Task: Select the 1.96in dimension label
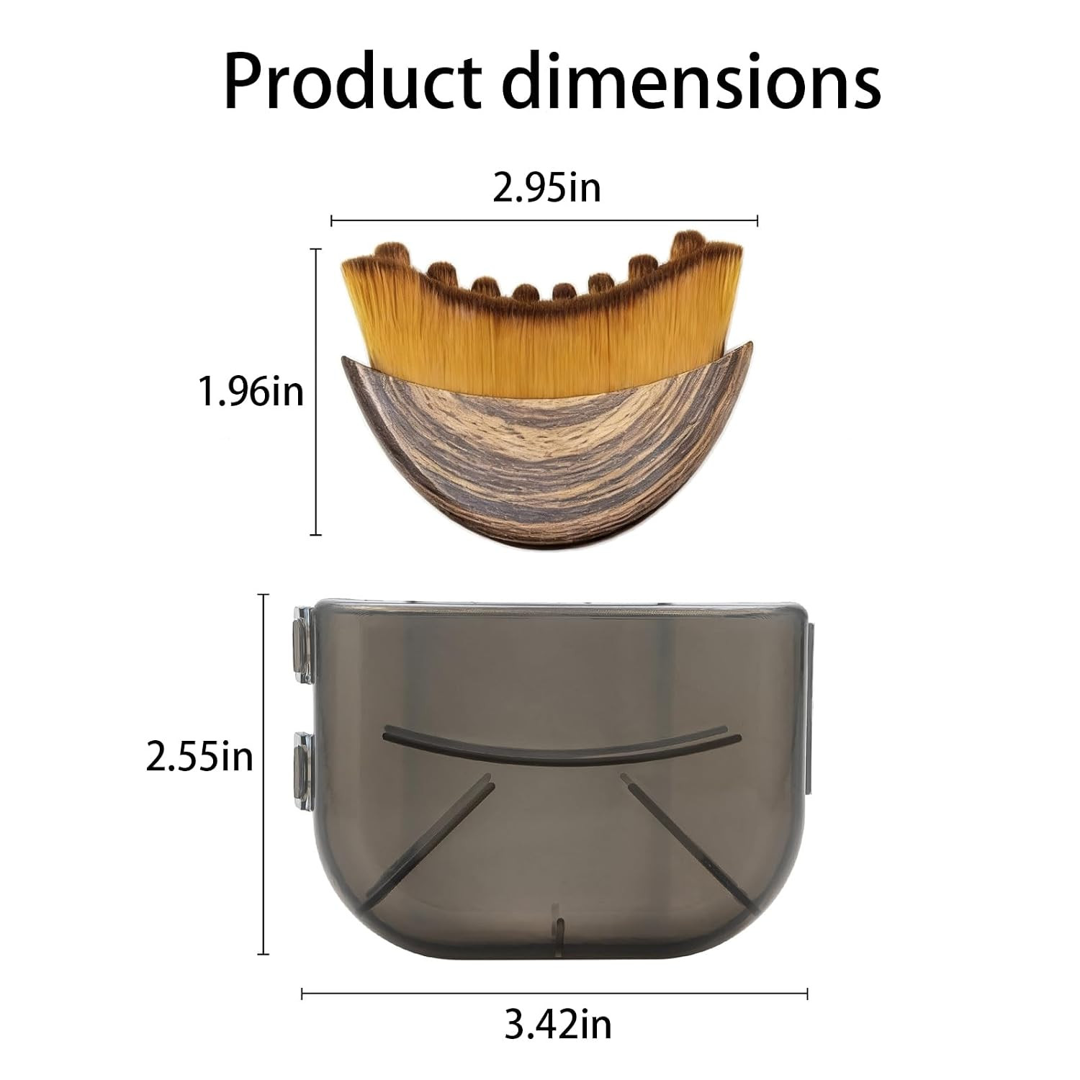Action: click(x=251, y=393)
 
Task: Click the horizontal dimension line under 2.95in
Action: click(x=544, y=220)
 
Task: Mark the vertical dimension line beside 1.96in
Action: click(x=315, y=392)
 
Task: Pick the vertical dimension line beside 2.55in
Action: click(x=264, y=774)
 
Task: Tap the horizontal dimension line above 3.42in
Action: click(x=554, y=994)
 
